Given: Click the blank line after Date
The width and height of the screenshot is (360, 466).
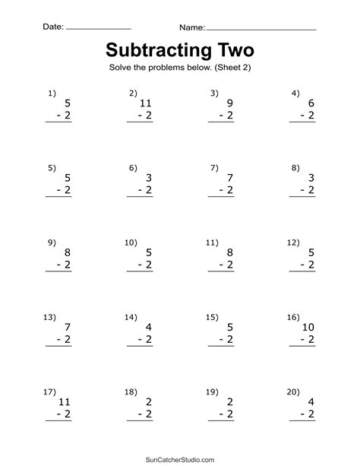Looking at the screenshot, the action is (98, 29).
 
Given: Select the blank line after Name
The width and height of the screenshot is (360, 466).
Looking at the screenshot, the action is (261, 29).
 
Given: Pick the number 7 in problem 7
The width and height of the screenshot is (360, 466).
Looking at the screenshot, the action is (229, 176).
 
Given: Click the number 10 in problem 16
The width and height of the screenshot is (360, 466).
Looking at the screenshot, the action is (307, 326).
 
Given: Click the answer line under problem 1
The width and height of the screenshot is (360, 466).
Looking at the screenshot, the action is (59, 122).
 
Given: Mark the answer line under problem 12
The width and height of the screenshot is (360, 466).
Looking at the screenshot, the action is (302, 271).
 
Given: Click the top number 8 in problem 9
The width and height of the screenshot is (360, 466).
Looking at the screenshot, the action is (68, 252).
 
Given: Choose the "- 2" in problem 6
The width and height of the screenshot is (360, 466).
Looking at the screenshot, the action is (144, 190).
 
